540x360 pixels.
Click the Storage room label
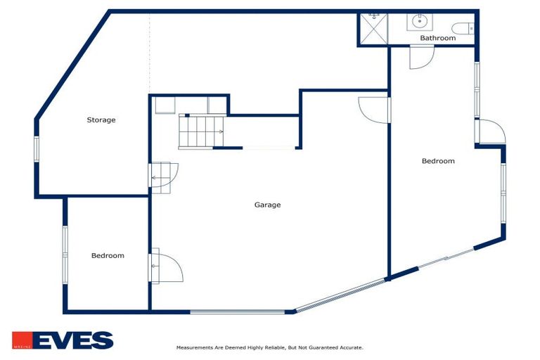101,120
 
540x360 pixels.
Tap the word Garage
267,205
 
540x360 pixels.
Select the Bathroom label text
437,38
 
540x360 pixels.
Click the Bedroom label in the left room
108,256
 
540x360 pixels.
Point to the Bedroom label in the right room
437,161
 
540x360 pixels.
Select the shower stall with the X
373,29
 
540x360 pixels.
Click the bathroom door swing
420,56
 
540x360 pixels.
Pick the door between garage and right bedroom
375,110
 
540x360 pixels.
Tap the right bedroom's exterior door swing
491,131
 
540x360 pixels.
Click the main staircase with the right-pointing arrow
201,131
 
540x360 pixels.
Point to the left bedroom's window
65,255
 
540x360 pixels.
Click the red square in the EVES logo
21,341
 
